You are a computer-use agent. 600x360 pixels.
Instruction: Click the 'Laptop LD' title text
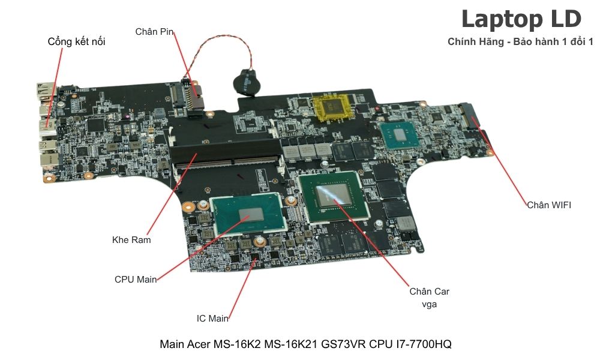[x=521, y=19]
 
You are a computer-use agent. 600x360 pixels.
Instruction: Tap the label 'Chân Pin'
[x=154, y=31]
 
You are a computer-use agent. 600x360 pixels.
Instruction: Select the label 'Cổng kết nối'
[x=76, y=42]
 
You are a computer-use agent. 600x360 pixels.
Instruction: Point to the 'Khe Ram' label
[x=131, y=240]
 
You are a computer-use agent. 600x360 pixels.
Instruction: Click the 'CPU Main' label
[x=136, y=279]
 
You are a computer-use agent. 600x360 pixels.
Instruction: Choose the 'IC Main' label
[x=212, y=319]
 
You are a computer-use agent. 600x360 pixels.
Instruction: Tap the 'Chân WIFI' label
[x=549, y=205]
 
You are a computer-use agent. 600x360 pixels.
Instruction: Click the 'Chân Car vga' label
[x=430, y=298]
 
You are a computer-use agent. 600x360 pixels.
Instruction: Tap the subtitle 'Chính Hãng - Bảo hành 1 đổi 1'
[x=520, y=42]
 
